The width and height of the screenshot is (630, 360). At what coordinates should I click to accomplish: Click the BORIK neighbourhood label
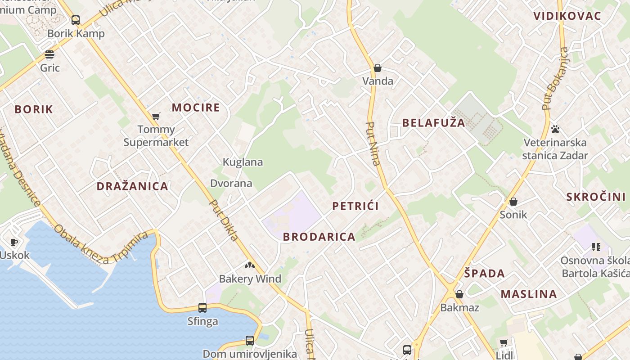click(x=34, y=109)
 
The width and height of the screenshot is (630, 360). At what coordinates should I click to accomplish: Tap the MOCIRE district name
click(x=196, y=108)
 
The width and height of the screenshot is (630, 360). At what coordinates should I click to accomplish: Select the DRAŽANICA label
click(x=132, y=186)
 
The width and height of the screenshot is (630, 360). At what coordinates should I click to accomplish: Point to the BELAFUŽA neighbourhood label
click(x=433, y=123)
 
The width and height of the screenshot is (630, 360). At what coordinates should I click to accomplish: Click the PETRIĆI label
click(x=355, y=206)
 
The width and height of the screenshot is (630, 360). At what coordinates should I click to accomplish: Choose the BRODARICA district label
click(x=319, y=237)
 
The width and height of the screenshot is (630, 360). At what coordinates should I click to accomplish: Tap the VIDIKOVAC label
click(x=567, y=16)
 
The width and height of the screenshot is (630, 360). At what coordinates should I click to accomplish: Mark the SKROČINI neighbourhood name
click(x=596, y=197)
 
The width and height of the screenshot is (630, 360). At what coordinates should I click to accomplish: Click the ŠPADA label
click(x=484, y=274)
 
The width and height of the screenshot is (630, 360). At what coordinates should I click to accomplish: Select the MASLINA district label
click(x=529, y=294)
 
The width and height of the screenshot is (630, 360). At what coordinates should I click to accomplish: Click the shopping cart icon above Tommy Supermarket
click(x=156, y=117)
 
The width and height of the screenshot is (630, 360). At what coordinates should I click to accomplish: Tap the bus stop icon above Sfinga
click(x=202, y=308)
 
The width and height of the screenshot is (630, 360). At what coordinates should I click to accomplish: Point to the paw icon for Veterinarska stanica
click(x=555, y=129)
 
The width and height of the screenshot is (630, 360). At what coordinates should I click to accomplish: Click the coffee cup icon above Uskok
click(x=14, y=242)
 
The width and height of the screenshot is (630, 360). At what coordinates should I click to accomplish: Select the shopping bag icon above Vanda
click(x=378, y=68)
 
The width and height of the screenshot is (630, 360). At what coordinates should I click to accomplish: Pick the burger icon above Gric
click(x=49, y=55)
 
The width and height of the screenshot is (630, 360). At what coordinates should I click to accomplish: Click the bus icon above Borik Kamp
click(x=76, y=20)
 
